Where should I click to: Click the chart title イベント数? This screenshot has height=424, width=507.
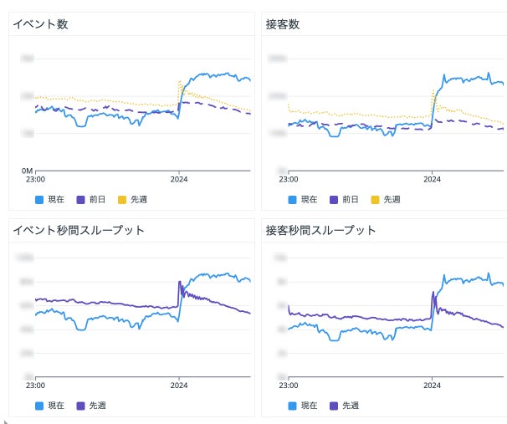(x=40, y=24)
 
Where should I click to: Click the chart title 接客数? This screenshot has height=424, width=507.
(x=283, y=24)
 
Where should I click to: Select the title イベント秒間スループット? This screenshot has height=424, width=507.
(x=79, y=230)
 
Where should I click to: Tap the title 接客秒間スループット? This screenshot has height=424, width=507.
(x=320, y=230)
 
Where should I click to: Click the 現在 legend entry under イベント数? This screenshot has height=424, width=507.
(x=50, y=199)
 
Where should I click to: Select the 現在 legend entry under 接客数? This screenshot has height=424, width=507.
(x=303, y=199)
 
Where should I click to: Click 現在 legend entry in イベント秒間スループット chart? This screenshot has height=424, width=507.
(x=50, y=406)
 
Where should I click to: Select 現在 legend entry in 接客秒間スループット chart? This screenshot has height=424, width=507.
(x=303, y=406)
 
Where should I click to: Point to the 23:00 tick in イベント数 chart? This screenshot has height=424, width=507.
(x=35, y=178)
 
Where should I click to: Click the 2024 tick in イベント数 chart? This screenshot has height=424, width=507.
(x=179, y=178)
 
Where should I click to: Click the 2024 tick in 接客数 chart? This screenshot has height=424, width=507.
(x=432, y=178)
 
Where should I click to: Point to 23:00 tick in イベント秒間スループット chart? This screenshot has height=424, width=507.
(x=35, y=385)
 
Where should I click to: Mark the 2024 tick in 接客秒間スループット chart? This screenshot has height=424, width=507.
(x=432, y=385)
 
